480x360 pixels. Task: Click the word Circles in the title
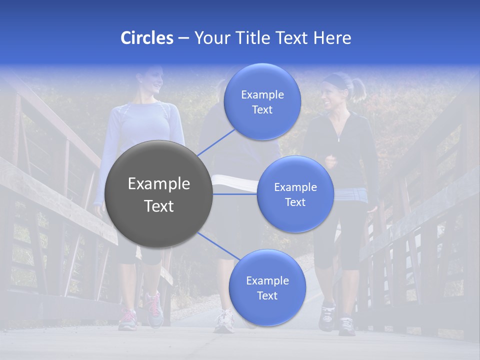146,38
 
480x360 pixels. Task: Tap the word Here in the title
332,38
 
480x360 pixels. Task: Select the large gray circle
159,194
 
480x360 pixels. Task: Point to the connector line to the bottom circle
219,246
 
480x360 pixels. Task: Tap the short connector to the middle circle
235,193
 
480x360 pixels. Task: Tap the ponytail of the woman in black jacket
358,89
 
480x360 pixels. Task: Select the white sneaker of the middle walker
224,321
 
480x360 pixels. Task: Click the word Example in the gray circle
159,183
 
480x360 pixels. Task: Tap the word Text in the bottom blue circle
267,295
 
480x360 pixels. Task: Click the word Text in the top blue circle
262,109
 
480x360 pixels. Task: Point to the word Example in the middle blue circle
295,187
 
